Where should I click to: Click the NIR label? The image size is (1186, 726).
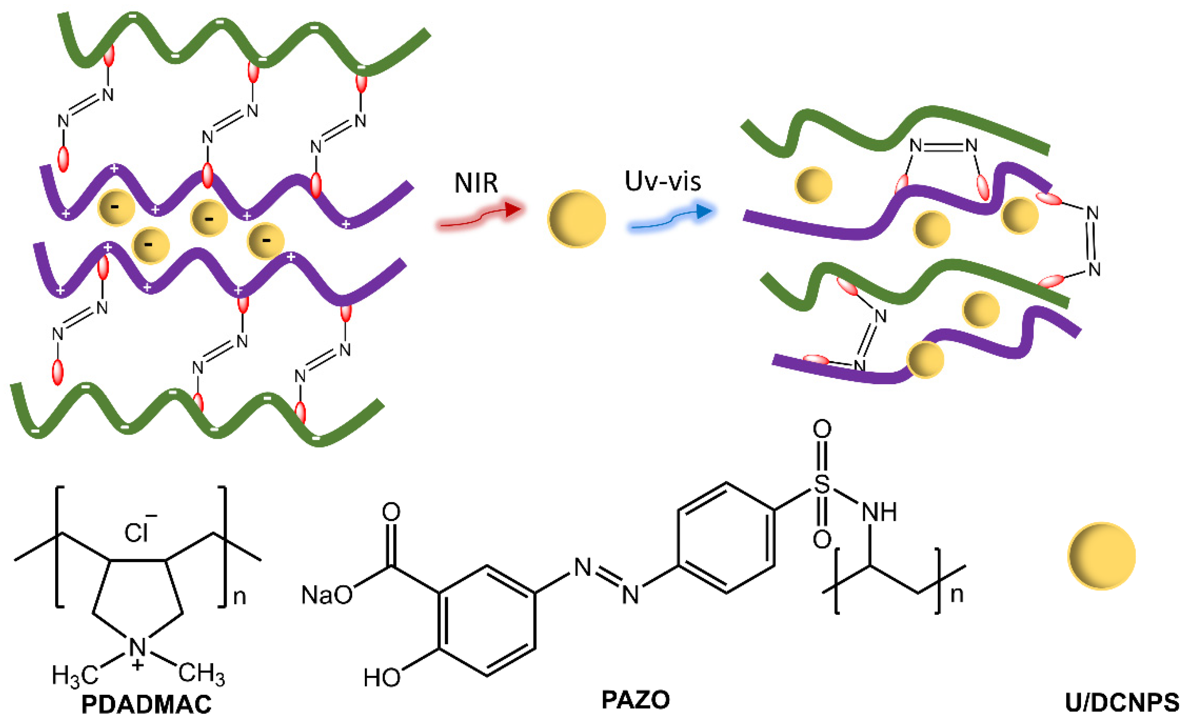476,183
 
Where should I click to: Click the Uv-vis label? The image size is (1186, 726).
662,181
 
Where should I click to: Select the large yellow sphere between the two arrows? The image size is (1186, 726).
576,219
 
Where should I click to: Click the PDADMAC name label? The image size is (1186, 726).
146,704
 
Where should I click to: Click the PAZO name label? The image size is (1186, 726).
635,699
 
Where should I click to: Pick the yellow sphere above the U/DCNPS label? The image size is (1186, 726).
1101,556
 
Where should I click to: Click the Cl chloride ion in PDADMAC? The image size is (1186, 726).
136,533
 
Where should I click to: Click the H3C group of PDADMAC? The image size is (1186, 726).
75,675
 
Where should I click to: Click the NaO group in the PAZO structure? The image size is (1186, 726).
326,595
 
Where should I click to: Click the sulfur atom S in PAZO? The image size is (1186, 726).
822,484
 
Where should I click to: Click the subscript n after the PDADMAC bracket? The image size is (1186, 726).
239,597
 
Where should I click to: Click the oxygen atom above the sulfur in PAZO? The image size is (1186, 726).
822,429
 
